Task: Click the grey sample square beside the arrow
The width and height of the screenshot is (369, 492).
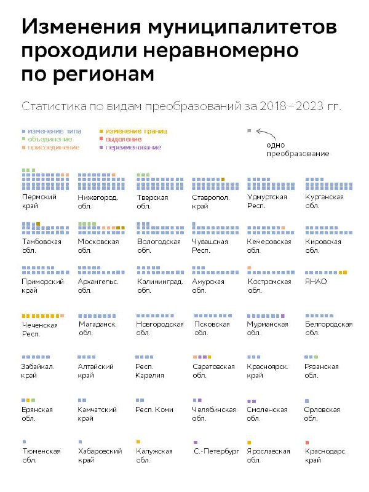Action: pos(249,130)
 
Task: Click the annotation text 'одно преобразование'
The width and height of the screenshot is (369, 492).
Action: pos(298,149)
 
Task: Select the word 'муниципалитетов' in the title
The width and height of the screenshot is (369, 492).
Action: pos(242,26)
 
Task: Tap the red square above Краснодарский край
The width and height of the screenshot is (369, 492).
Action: pos(307,442)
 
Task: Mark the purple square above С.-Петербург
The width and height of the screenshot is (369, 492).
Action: pos(196,442)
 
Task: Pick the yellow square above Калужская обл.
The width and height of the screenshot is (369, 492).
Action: pos(138,442)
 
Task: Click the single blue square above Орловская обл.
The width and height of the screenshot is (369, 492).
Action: pos(307,401)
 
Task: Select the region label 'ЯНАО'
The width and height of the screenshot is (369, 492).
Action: pos(315,282)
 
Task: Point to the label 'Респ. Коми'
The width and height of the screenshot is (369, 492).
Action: pos(154,410)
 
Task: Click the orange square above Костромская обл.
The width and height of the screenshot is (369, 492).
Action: pos(249,268)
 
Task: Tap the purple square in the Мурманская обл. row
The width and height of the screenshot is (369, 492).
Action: pos(283,316)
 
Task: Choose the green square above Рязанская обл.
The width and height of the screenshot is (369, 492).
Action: pos(316,357)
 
